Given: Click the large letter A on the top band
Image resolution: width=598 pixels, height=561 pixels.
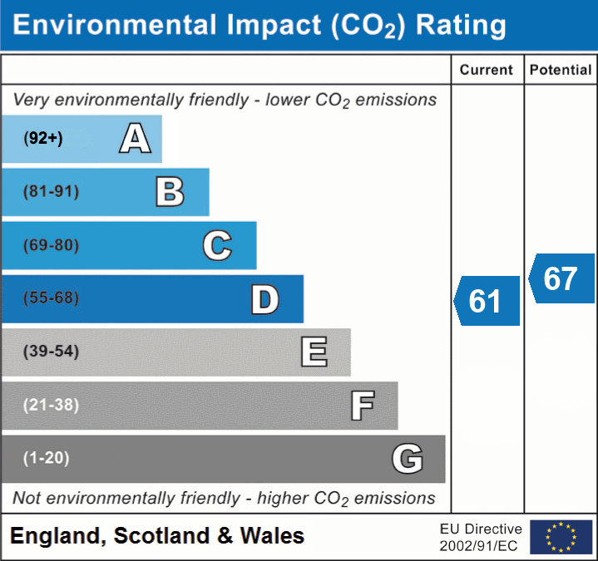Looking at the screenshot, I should pos(136,138).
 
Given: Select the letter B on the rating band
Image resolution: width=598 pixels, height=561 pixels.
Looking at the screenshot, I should pos(170,192).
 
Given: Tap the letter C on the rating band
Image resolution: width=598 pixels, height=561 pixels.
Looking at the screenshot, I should pos(217,245).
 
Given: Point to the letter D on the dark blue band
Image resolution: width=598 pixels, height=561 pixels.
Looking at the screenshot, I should pos(264,299).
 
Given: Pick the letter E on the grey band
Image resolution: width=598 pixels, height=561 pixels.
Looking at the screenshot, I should pos(314,352).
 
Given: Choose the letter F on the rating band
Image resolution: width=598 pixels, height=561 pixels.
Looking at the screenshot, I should pos(362,406).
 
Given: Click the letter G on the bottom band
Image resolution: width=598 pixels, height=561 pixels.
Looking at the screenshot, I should pos(408,458).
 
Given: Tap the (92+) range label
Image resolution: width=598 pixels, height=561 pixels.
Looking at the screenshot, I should pos(43,139).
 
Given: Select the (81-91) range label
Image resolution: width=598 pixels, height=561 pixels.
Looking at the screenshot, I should pos(52,192).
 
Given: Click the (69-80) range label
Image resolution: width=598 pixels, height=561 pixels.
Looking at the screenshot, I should pos(52,245).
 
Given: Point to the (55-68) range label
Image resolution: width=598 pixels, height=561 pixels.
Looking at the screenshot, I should pos(52,298).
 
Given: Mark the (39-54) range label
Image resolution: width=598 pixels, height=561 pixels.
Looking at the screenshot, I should pos(52,352).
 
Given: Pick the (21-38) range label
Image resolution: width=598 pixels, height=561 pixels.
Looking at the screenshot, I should pos(52,405).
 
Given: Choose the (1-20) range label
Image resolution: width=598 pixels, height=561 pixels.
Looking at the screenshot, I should pos(47,458).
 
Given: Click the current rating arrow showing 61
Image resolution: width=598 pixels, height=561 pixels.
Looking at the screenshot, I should pos(487,301).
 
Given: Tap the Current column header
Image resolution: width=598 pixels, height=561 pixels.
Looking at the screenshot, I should pos(487,71).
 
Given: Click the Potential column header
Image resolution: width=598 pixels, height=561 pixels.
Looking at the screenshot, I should pos(561,71).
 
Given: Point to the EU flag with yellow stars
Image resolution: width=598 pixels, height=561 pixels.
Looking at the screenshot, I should pos(561,537).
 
